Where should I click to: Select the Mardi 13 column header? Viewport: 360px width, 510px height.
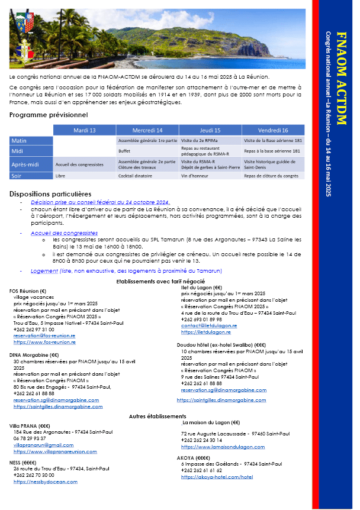tap(84, 130)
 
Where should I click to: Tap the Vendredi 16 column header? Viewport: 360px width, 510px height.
tap(273, 130)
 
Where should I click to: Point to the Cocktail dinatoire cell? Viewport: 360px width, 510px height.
tap(137, 176)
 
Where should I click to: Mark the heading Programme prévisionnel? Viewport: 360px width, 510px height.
tap(49, 115)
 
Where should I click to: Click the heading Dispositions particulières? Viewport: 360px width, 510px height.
tap(50, 193)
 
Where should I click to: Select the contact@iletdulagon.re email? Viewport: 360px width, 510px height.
tap(208, 326)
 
